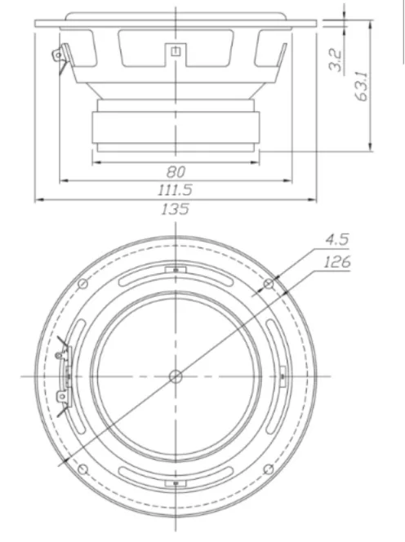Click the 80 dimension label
(176, 172)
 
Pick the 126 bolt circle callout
(337, 262)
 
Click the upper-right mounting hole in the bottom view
(269, 283)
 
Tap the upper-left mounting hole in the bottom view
(82, 283)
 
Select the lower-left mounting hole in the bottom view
(82, 469)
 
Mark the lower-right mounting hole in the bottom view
(269, 469)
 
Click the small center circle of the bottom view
(176, 375)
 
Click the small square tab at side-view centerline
(176, 51)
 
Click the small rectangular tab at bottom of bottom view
(176, 483)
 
